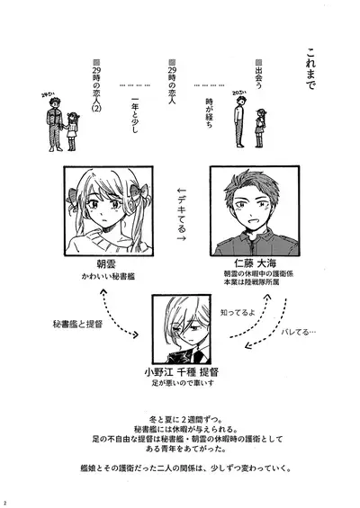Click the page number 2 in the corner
click(6, 502)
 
